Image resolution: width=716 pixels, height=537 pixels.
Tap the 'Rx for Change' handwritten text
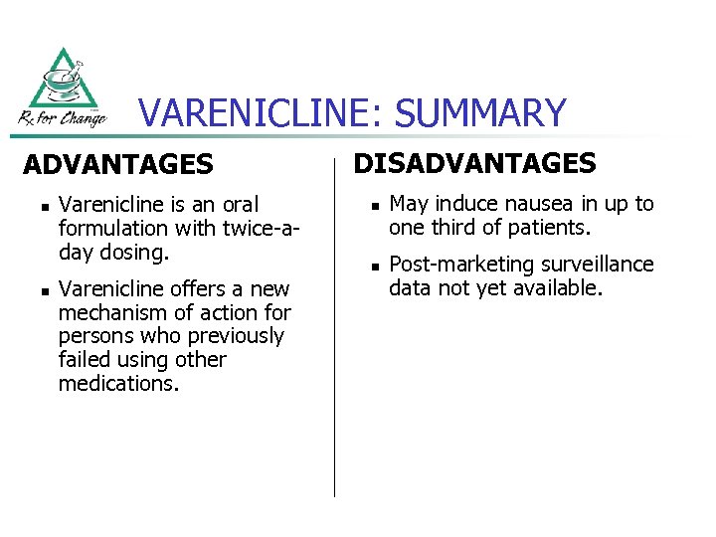pyautogui.click(x=62, y=118)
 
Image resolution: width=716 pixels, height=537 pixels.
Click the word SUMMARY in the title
pyautogui.click(x=480, y=113)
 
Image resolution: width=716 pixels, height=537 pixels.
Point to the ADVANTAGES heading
pyautogui.click(x=117, y=164)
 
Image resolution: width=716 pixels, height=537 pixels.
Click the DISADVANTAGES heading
pyautogui.click(x=475, y=163)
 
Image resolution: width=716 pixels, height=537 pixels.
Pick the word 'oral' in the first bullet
pyautogui.click(x=239, y=205)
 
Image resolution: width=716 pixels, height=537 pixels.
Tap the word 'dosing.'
pyautogui.click(x=131, y=253)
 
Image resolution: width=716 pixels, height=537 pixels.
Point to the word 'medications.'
pyautogui.click(x=118, y=384)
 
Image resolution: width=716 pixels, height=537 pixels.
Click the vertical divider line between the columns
pyautogui.click(x=334, y=328)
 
